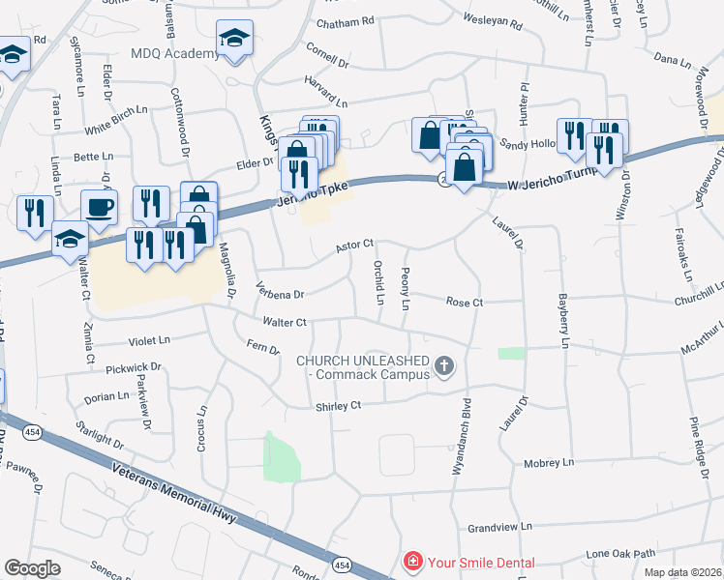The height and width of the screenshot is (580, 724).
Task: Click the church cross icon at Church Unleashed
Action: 444,365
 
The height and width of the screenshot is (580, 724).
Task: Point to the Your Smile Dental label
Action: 481,562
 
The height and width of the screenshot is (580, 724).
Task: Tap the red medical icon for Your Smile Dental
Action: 412,562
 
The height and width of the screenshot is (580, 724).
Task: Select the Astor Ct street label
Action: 353,246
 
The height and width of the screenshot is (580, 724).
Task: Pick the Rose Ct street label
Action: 464,303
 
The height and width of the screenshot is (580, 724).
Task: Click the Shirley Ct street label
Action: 338,407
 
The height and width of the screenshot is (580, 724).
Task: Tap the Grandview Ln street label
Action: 499,529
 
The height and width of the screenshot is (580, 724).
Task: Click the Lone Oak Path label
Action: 621,554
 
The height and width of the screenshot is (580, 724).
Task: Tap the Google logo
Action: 32,568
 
